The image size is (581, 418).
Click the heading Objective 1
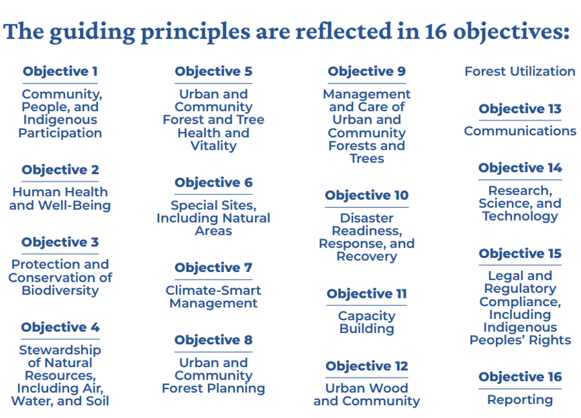point(60,71)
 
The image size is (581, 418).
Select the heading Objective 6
point(213,183)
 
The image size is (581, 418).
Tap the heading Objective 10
point(367,195)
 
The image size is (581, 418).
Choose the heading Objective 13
point(520,109)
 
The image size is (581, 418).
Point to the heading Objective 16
point(520,377)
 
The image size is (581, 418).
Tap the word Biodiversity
point(61,291)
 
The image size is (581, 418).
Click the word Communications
point(520,131)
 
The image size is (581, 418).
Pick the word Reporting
point(520,400)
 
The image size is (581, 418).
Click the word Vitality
point(213,146)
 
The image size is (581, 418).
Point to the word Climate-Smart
point(213,291)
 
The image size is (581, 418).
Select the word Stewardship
point(60,350)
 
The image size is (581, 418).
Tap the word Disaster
point(367,218)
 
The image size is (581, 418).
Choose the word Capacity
point(367,316)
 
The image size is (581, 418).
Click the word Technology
point(520,217)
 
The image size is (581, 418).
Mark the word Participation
point(60,133)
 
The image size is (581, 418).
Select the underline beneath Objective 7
point(213,280)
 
